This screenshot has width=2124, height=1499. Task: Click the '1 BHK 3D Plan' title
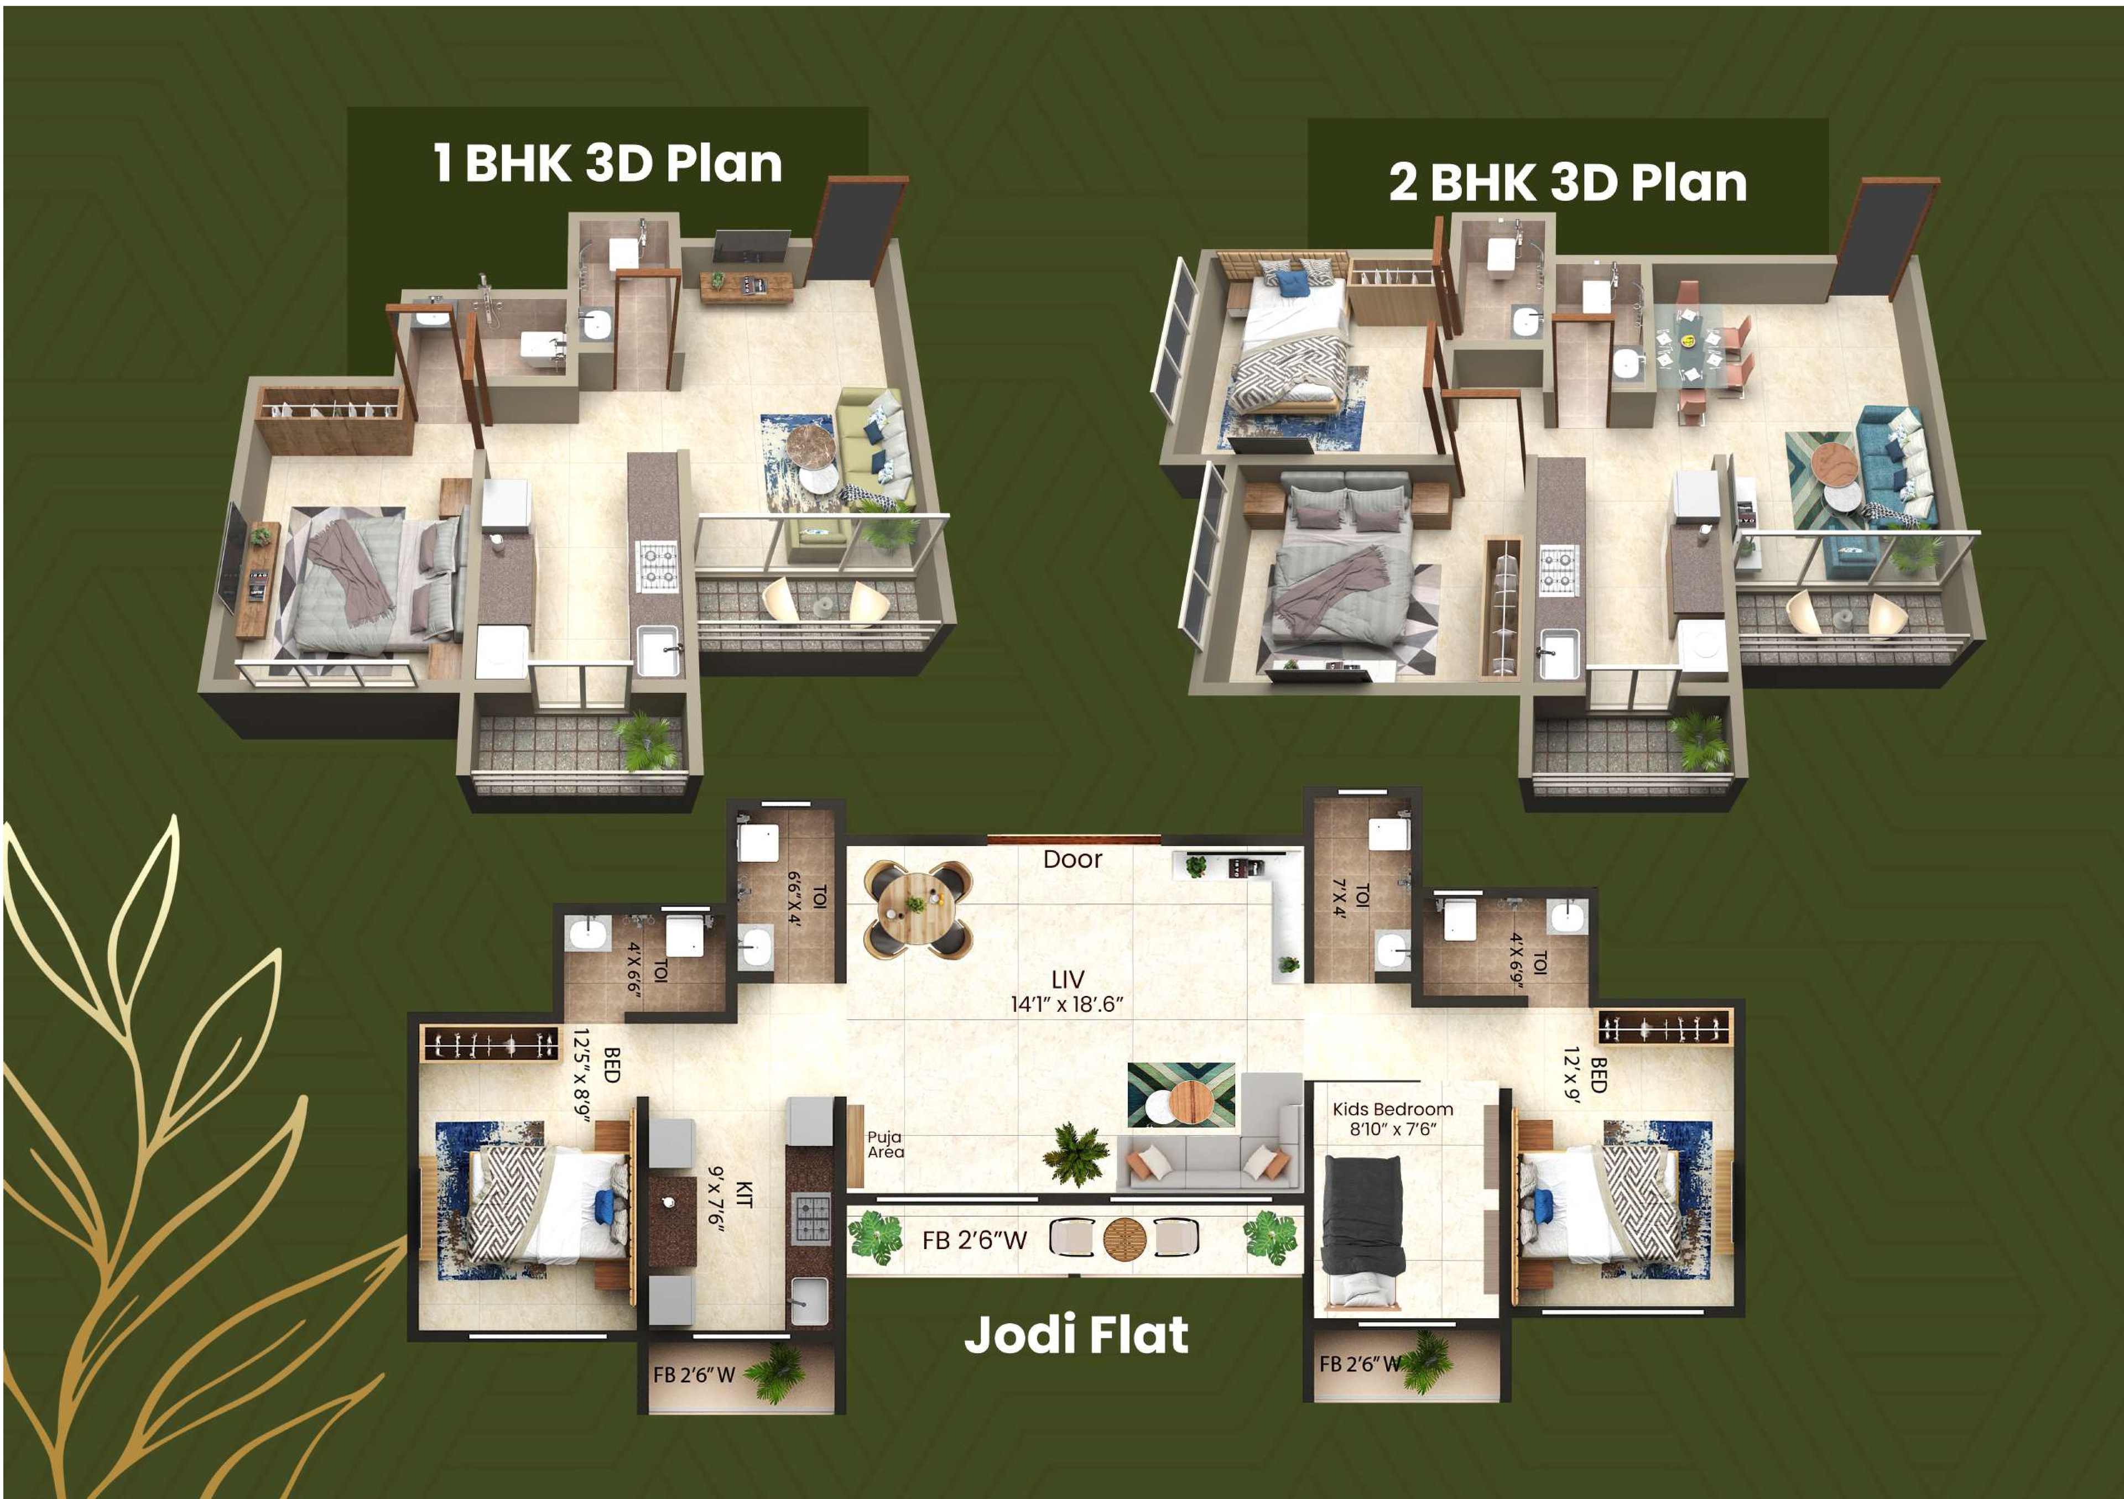pos(608,164)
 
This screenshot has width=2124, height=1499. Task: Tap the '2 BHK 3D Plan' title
pos(1568,182)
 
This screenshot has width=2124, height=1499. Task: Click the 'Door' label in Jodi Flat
pos(1072,859)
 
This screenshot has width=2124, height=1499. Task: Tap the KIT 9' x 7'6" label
pos(731,1195)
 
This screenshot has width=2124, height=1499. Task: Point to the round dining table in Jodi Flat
pos(918,909)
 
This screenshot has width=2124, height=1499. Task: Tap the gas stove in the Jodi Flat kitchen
pos(812,1219)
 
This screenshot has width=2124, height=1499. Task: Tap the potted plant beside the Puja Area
pos(1075,1153)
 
